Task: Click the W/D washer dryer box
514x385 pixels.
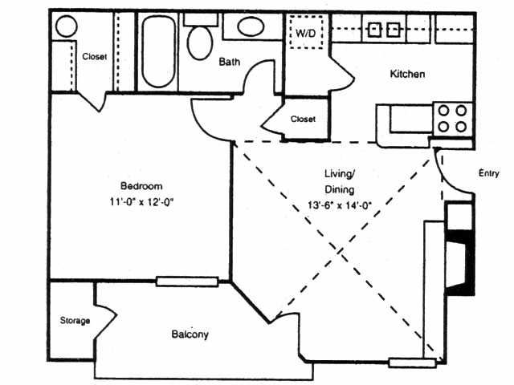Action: pyautogui.click(x=306, y=34)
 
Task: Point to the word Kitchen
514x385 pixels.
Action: pyautogui.click(x=407, y=75)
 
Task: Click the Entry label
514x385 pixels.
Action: pyautogui.click(x=488, y=173)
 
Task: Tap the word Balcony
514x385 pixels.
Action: pyautogui.click(x=190, y=334)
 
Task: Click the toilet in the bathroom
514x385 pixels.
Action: pyautogui.click(x=200, y=39)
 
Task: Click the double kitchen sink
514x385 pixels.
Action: pyautogui.click(x=384, y=30)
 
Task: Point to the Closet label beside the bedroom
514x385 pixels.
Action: pyautogui.click(x=95, y=57)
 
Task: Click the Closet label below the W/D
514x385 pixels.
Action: pyautogui.click(x=303, y=119)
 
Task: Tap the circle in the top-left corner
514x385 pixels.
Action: pyautogui.click(x=65, y=26)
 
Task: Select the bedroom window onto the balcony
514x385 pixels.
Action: pyautogui.click(x=187, y=281)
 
